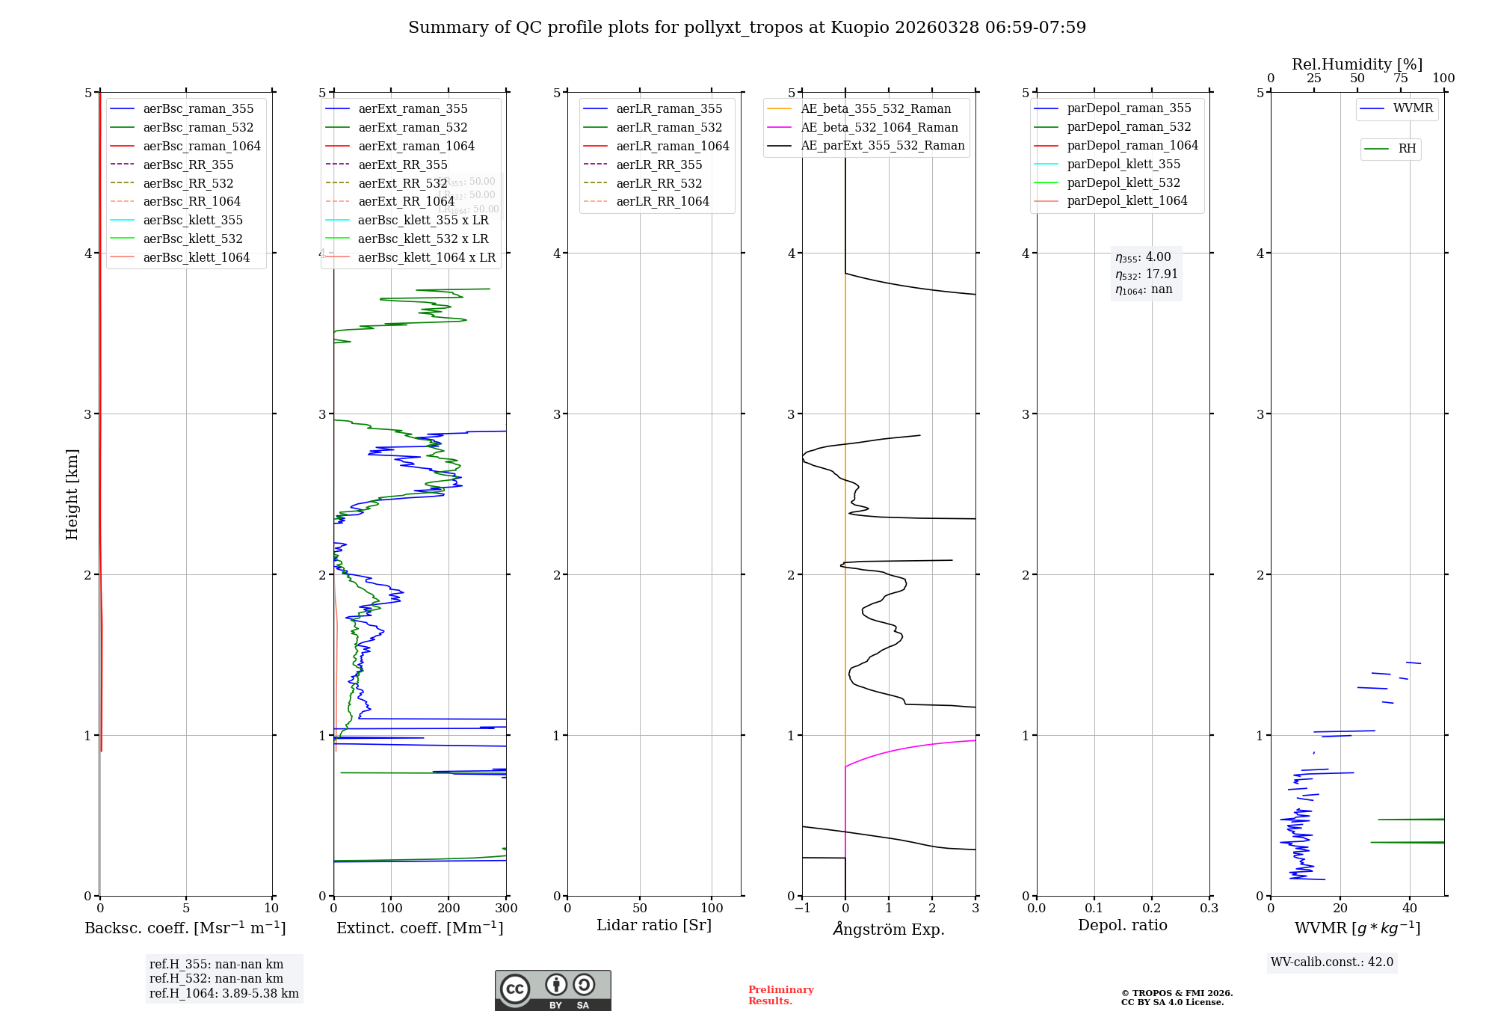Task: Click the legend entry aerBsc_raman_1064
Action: point(202,146)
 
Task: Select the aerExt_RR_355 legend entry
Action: point(402,165)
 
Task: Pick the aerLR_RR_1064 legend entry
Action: point(662,201)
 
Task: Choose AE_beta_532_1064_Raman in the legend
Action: point(879,127)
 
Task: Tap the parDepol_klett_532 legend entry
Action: point(1123,182)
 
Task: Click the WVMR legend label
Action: point(1413,108)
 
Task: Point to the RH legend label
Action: point(1407,149)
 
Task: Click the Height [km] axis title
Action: point(72,494)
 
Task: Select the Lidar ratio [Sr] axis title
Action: point(654,925)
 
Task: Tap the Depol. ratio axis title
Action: point(1122,925)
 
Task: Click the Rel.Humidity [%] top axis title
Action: point(1357,64)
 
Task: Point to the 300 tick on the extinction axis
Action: point(506,908)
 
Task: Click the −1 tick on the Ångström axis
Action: point(802,908)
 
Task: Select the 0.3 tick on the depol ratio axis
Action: point(1209,908)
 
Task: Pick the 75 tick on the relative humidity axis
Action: point(1400,79)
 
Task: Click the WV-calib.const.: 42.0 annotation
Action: point(1331,962)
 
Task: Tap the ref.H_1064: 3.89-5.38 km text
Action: point(224,993)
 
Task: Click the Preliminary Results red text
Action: point(780,995)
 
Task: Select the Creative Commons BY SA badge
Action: point(552,990)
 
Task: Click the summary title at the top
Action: point(747,28)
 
